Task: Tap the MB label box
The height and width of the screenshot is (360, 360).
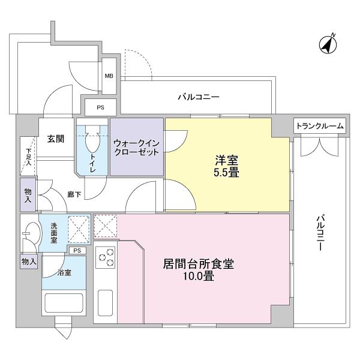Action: coord(109,76)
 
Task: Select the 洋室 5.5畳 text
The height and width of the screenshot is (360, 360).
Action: coord(227,166)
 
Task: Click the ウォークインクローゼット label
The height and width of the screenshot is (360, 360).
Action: coord(136,148)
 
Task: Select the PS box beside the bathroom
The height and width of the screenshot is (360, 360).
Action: coord(76,250)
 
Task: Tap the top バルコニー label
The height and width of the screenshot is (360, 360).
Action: coord(198,97)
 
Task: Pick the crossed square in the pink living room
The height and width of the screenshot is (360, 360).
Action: coord(106,226)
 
